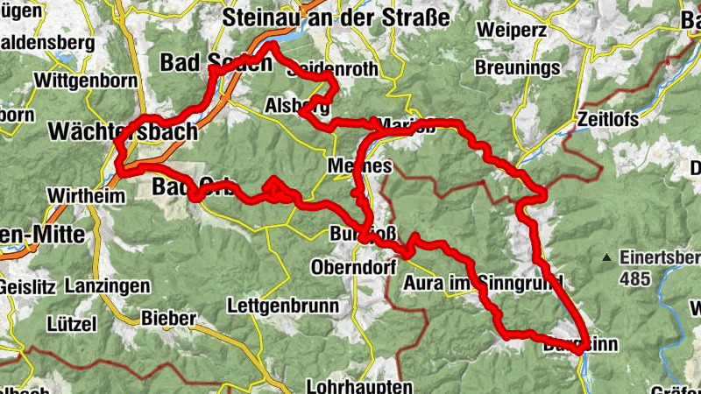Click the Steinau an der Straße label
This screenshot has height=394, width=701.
(336, 18)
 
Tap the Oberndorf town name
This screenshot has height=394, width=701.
(349, 265)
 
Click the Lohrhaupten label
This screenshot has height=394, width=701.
(359, 385)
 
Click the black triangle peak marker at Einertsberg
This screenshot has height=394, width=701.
(605, 257)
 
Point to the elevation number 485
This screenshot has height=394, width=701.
(636, 279)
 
